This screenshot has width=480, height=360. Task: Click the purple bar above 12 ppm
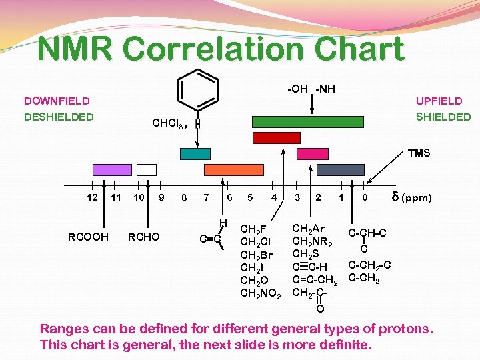112,169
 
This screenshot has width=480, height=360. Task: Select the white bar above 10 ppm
146,169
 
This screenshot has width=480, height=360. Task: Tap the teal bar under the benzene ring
195,153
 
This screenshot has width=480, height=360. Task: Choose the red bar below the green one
276,138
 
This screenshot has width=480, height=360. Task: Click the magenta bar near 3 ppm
312,153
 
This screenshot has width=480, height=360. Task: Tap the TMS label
419,153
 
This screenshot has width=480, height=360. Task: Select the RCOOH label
88,237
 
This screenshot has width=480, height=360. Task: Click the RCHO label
144,237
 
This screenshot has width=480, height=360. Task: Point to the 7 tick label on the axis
206,197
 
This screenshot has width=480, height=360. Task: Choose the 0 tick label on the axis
364,197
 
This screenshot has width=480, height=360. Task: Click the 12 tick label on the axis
93,197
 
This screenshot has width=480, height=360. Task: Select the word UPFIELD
439,101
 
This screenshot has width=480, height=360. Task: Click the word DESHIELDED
59,117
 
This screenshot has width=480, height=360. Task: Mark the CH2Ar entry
308,229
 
